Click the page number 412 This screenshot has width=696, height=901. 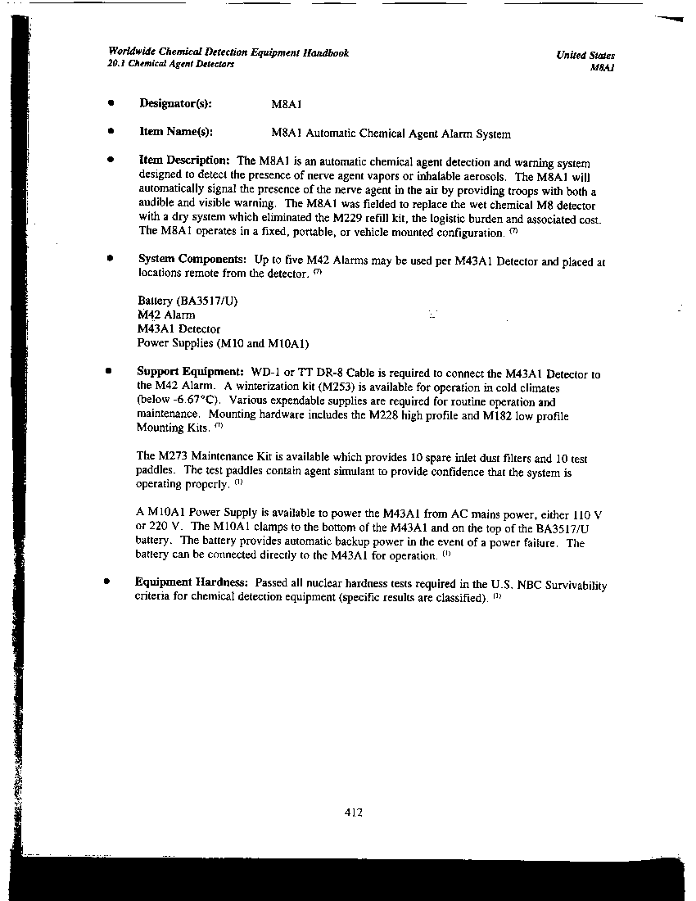(x=354, y=813)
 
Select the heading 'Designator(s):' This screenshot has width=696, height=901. (x=175, y=104)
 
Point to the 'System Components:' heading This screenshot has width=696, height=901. (x=192, y=260)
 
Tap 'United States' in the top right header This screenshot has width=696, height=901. (x=585, y=56)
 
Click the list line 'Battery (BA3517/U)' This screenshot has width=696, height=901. (x=188, y=301)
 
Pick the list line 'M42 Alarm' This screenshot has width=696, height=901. (x=166, y=315)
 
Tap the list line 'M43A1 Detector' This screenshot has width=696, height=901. (x=179, y=329)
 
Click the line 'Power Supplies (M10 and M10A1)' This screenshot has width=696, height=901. (x=223, y=343)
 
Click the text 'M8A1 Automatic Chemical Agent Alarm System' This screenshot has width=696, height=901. (x=391, y=134)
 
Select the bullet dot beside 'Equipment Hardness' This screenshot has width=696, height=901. (x=106, y=581)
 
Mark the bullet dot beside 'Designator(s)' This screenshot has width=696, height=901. (x=109, y=103)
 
